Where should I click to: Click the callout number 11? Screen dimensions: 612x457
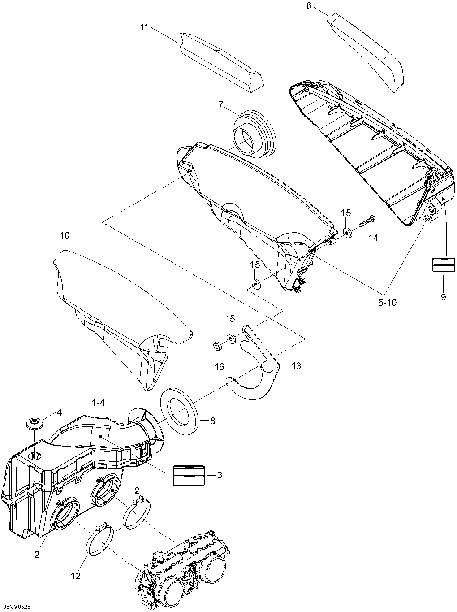(143, 27)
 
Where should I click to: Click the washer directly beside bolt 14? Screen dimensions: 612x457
(348, 233)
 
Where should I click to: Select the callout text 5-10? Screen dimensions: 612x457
(387, 302)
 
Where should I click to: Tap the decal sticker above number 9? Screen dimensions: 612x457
(443, 265)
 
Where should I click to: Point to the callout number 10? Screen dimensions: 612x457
(65, 235)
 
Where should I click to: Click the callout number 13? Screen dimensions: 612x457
(296, 366)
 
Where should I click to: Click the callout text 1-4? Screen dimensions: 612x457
(99, 403)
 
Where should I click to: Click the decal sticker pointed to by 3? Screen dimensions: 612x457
(189, 475)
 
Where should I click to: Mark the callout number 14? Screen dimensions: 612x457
(373, 238)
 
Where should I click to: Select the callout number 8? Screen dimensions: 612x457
(212, 421)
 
